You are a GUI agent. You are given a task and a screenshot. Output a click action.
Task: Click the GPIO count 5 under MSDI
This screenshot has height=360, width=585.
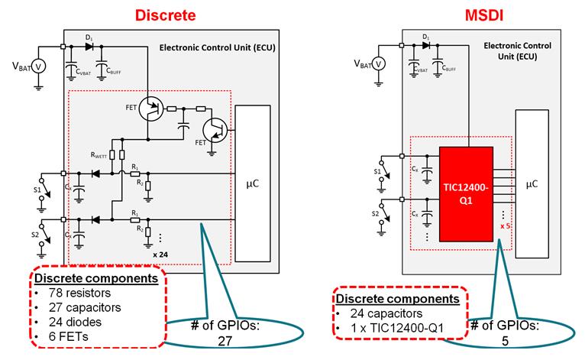click(504, 342)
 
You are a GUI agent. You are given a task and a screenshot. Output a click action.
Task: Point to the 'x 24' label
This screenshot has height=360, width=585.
click(160, 252)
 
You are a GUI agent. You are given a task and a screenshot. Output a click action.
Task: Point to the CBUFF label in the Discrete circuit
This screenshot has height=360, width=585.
click(114, 72)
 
